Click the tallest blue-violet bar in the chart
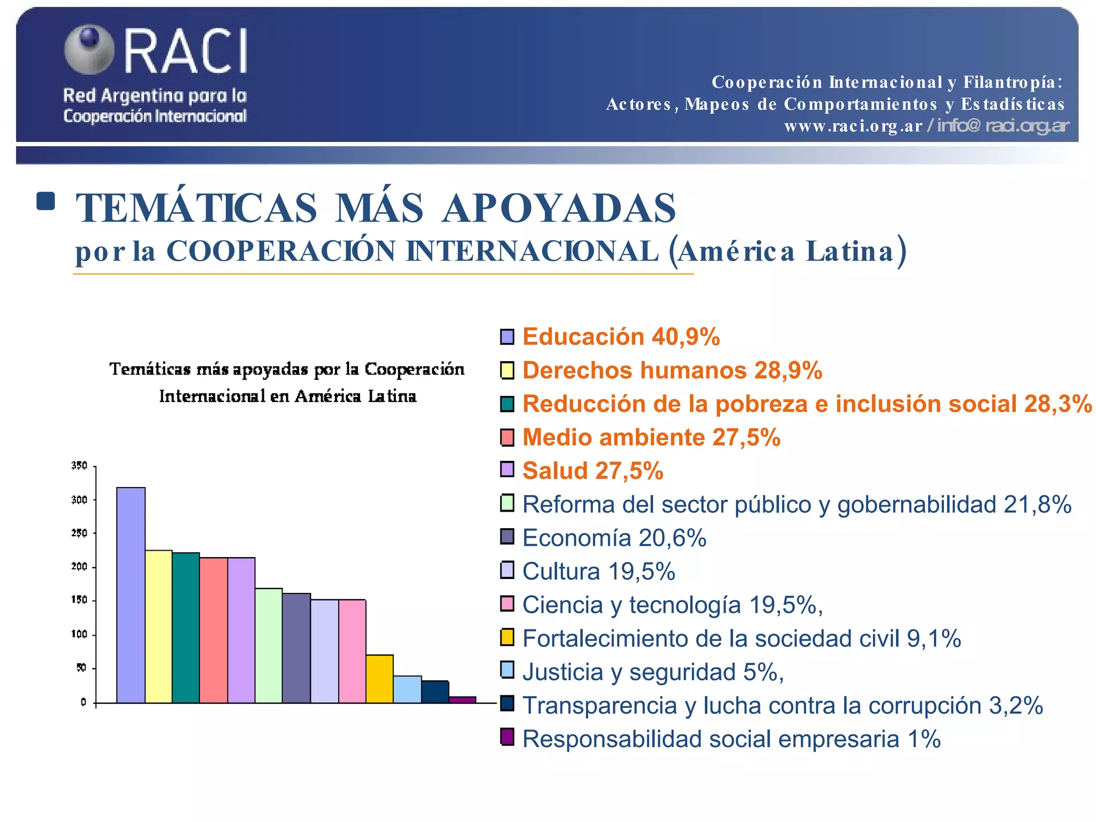point(131,595)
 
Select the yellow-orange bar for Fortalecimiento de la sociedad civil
point(379,679)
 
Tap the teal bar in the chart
point(186,627)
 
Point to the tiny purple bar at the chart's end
point(462,699)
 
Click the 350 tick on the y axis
point(79,466)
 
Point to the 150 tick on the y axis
point(79,600)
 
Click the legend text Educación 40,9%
point(621,337)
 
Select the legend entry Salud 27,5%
point(592,471)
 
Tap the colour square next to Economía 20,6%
point(507,536)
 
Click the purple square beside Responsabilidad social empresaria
point(507,737)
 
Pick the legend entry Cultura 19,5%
point(598,572)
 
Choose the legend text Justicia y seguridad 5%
point(653,672)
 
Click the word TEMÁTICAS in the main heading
point(197,209)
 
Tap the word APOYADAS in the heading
point(559,209)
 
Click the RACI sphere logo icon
point(89,49)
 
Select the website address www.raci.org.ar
point(853,126)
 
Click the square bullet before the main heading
point(46,201)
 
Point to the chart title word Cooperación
point(414,369)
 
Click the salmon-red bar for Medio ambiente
point(214,630)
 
